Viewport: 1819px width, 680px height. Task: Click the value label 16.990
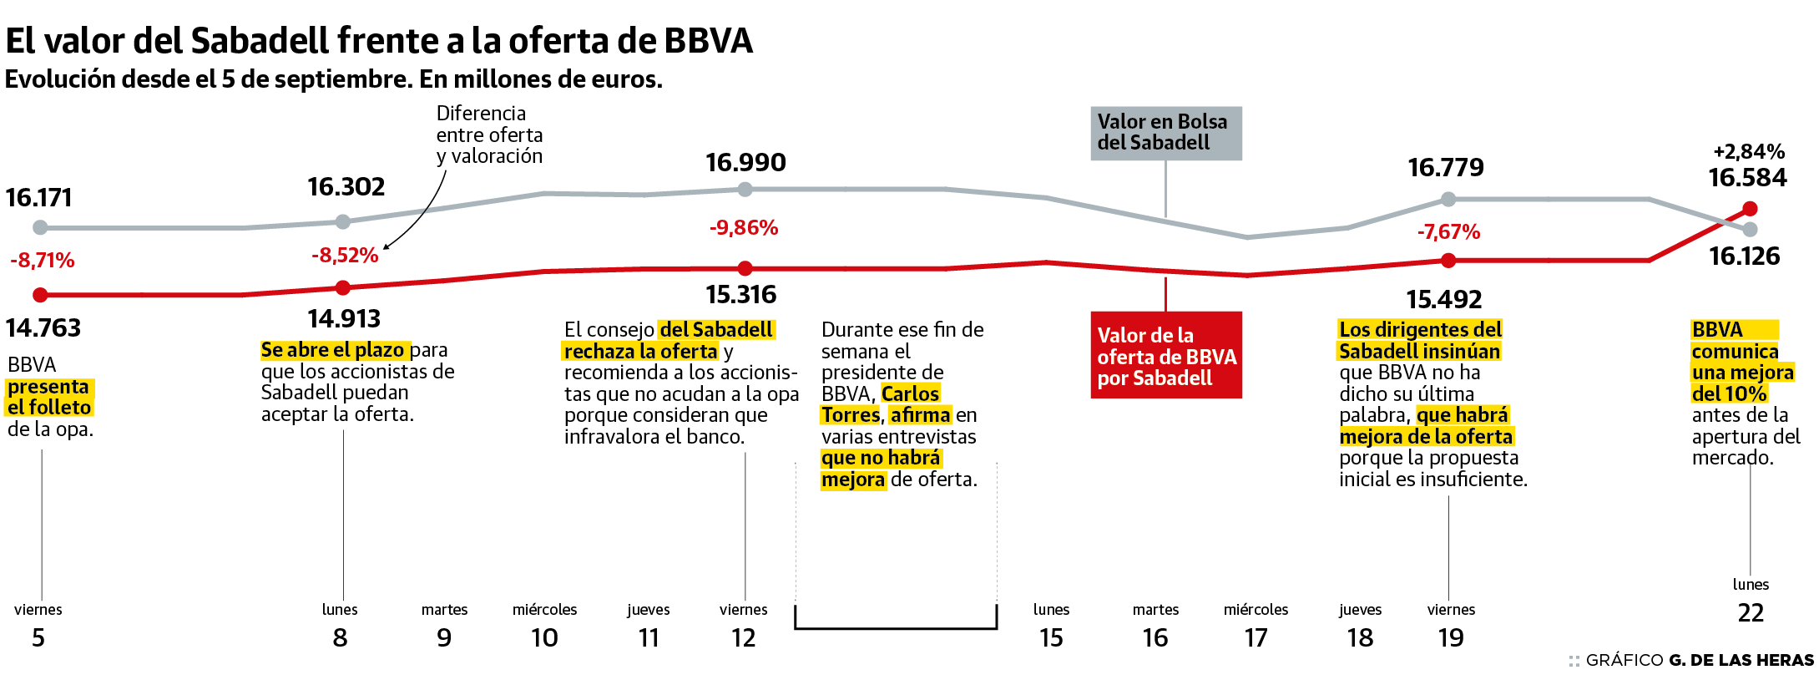pyautogui.click(x=745, y=162)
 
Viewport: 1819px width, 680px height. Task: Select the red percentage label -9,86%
pyautogui.click(x=744, y=227)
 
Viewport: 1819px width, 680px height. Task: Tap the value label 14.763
pyautogui.click(x=43, y=327)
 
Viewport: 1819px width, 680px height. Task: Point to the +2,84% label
pyautogui.click(x=1748, y=151)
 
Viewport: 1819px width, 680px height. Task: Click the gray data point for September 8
pyautogui.click(x=343, y=221)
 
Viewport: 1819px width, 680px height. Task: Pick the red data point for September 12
pyautogui.click(x=745, y=269)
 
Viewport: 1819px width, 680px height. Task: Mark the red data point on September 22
pyautogui.click(x=1751, y=209)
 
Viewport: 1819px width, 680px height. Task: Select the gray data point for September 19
pyautogui.click(x=1448, y=200)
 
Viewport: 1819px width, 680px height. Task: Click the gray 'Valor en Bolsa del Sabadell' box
pyautogui.click(x=1165, y=133)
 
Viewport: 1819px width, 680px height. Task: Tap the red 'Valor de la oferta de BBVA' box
pyautogui.click(x=1165, y=355)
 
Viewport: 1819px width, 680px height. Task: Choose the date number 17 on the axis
pyautogui.click(x=1256, y=638)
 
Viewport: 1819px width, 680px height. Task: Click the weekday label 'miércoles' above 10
pyautogui.click(x=544, y=610)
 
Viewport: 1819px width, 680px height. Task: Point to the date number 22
pyautogui.click(x=1751, y=613)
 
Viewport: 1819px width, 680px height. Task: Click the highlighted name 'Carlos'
pyautogui.click(x=910, y=393)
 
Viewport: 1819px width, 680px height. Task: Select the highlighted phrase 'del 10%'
pyautogui.click(x=1729, y=393)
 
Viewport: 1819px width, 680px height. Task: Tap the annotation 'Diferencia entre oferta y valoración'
pyautogui.click(x=489, y=134)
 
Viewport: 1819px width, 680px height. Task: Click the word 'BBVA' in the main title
pyautogui.click(x=709, y=40)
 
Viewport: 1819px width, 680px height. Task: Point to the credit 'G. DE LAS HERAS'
pyautogui.click(x=1741, y=660)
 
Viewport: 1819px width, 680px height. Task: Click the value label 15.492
pyautogui.click(x=1443, y=299)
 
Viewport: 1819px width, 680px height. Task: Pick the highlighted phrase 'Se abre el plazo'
pyautogui.click(x=333, y=349)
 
